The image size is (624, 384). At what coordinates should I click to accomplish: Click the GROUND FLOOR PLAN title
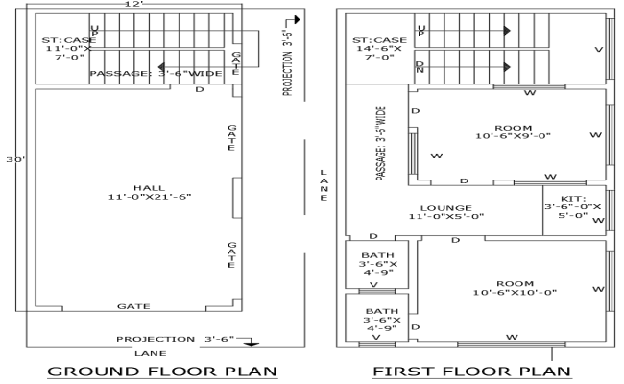coord(162,371)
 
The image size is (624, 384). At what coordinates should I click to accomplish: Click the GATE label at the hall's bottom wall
coord(133,306)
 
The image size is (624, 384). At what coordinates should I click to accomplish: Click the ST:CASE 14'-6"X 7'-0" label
coord(379,48)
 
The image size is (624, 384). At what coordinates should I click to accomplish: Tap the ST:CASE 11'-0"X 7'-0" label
coord(65,48)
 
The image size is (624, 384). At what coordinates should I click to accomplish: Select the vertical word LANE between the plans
coord(324,185)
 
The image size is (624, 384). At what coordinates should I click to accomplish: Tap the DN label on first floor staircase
coord(420,67)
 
